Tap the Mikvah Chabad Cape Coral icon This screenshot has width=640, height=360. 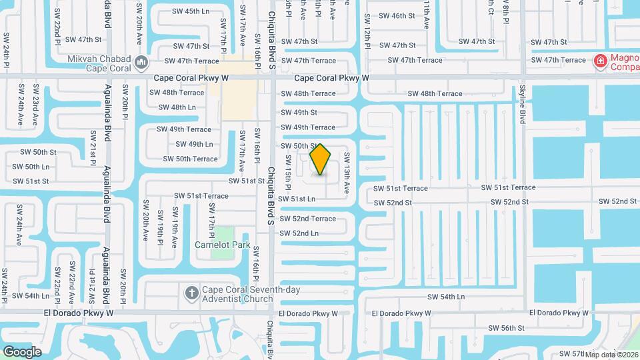point(141,63)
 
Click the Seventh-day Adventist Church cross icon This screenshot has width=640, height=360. point(191,293)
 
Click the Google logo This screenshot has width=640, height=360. point(22,351)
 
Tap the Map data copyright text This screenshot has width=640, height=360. point(612,354)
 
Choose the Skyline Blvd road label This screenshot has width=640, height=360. point(522,103)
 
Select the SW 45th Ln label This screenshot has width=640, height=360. point(191,11)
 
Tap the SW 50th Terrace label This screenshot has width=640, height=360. point(190,159)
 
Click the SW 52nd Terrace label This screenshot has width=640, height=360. point(307,219)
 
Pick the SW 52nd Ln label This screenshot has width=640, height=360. point(299,233)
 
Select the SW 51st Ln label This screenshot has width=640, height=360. point(297,199)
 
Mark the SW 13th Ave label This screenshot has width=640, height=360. point(347,173)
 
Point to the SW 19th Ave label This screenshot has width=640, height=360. point(175,229)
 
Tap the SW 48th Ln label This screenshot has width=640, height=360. point(177,107)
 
